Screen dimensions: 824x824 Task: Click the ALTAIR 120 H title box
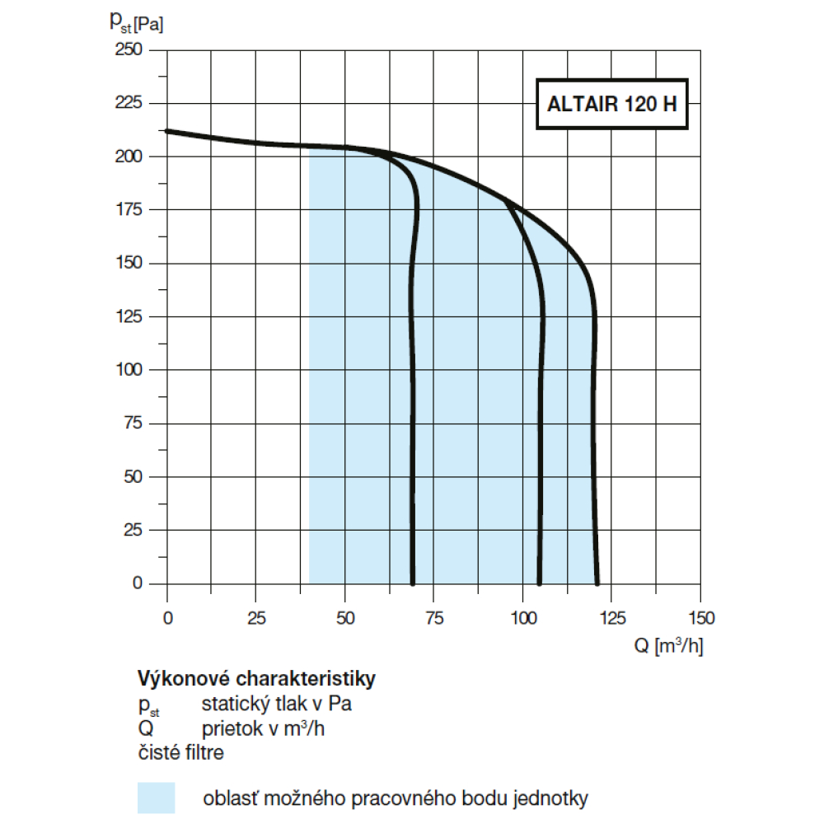click(x=611, y=105)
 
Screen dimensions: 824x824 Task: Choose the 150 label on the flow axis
click(x=700, y=617)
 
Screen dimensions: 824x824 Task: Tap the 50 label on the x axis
click(x=345, y=617)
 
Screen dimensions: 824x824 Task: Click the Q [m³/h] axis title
click(x=668, y=646)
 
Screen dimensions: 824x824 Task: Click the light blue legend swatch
click(x=157, y=798)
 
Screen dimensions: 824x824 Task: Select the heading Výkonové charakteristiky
click(x=256, y=680)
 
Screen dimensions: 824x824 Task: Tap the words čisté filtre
click(x=180, y=752)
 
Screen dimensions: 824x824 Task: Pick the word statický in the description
click(x=233, y=705)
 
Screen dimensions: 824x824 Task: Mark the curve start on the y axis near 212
click(x=167, y=131)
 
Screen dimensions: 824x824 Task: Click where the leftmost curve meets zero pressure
click(x=412, y=583)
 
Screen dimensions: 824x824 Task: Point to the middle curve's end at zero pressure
click(x=539, y=583)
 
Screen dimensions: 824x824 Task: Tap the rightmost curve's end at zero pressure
click(x=597, y=583)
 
